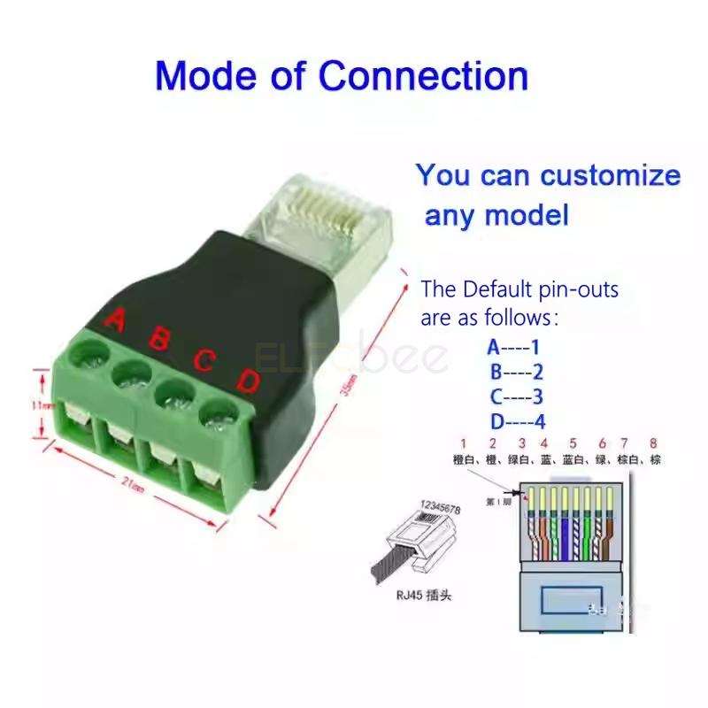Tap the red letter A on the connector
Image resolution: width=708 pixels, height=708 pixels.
pos(113,320)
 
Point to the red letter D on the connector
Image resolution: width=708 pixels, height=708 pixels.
pos(248,382)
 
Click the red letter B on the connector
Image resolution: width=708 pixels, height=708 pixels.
pos(160,339)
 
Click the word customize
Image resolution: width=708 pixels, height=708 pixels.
pos(611,174)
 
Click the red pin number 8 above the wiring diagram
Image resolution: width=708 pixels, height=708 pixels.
pos(654,442)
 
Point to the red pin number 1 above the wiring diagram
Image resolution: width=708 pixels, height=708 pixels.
pos(462,442)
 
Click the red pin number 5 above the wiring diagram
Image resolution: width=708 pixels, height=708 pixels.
pos(573,442)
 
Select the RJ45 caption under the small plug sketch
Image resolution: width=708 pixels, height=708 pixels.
pos(423,596)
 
